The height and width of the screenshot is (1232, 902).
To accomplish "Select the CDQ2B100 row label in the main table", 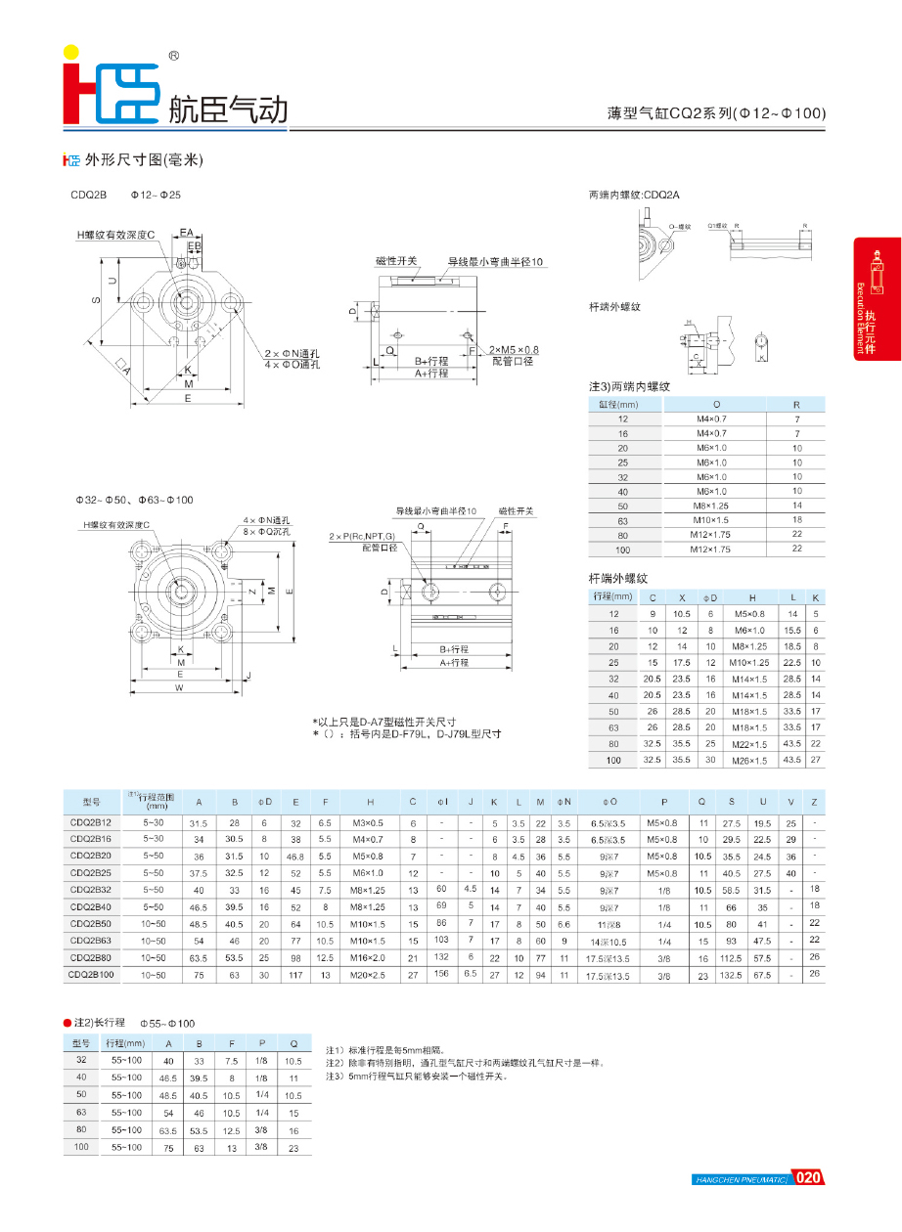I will pyautogui.click(x=91, y=975).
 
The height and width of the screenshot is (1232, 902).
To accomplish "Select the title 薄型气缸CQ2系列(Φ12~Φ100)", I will pyautogui.click(x=716, y=113).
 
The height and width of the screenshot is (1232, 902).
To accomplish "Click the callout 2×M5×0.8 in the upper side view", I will pyautogui.click(x=515, y=349).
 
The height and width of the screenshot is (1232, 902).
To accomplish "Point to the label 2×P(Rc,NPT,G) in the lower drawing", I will pyautogui.click(x=362, y=537).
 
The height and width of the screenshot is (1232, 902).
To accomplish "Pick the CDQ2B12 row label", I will pyautogui.click(x=91, y=823).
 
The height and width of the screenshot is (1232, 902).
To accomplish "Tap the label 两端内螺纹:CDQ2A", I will pyautogui.click(x=634, y=195).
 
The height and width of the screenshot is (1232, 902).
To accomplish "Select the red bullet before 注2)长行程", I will pyautogui.click(x=67, y=1022).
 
